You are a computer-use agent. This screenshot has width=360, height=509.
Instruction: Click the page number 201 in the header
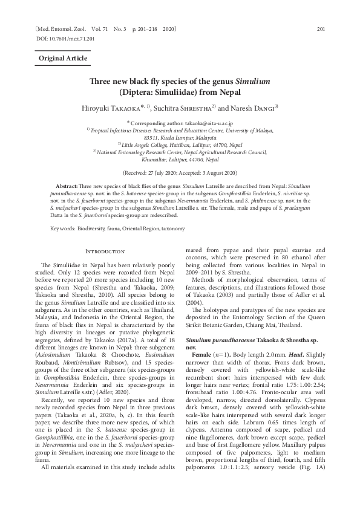point(322,29)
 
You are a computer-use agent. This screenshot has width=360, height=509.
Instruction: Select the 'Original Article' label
point(63,59)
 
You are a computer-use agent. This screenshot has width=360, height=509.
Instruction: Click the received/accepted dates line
point(180,172)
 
